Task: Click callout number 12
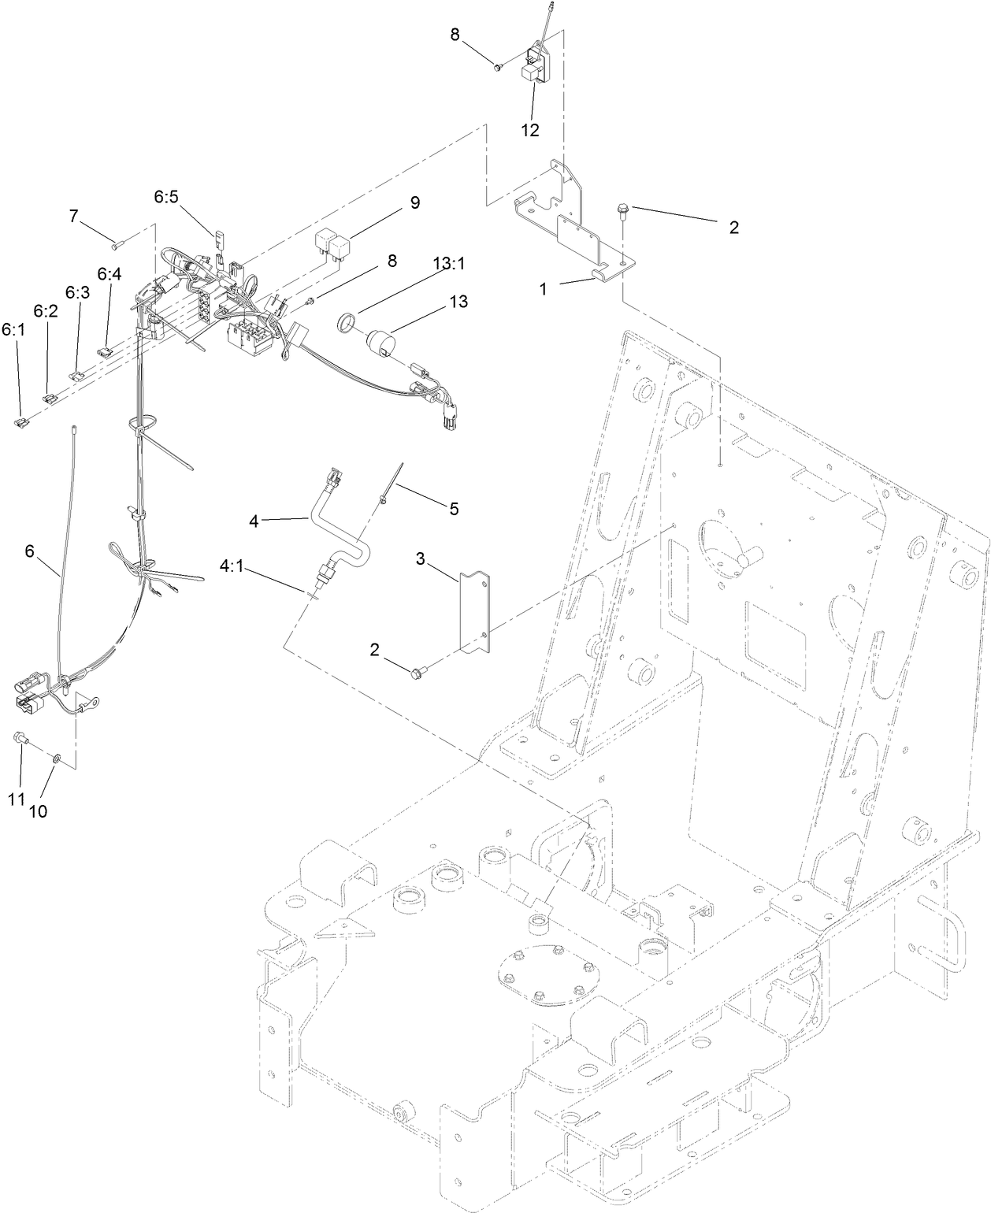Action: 530,131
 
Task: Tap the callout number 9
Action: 414,203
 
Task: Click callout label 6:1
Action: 13,329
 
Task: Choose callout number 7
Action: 74,215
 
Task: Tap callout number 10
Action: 38,811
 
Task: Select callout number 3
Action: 421,559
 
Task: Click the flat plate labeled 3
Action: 475,613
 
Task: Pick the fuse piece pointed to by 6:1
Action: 20,423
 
